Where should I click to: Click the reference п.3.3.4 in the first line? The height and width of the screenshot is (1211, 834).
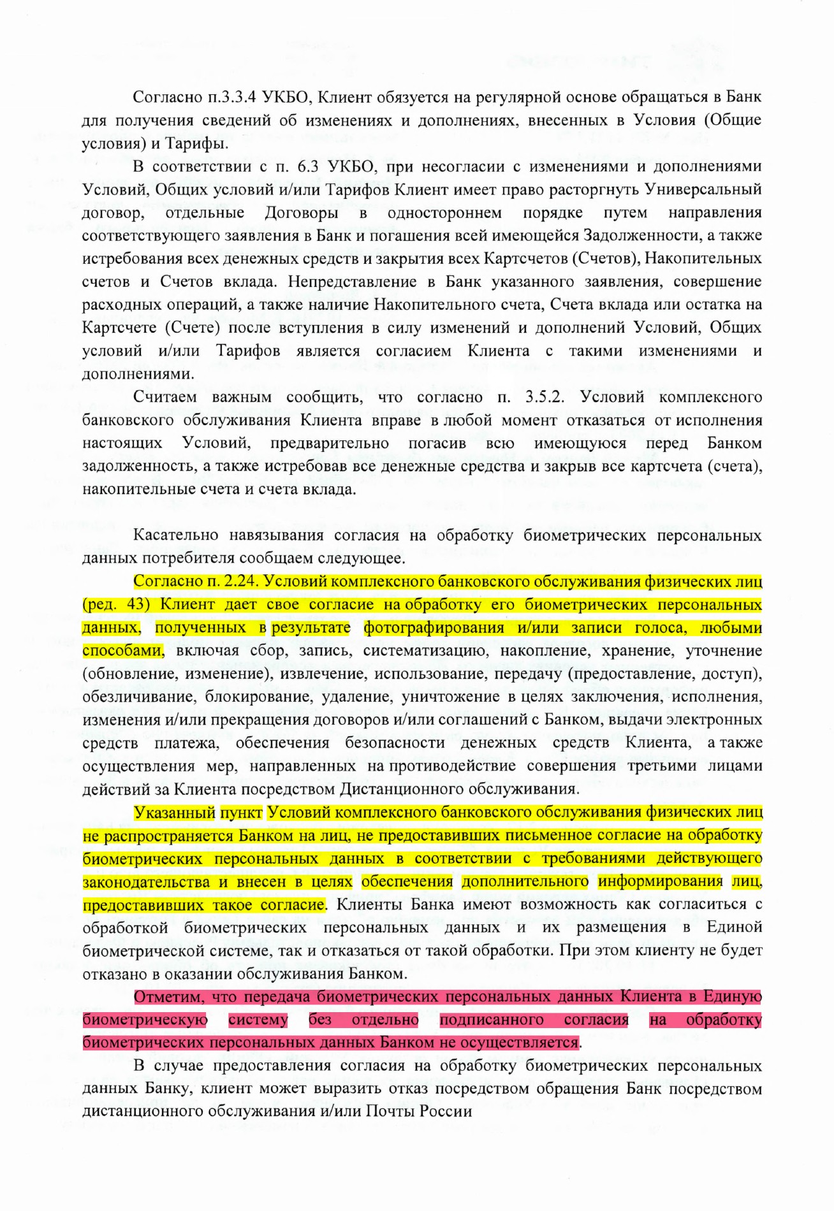[x=232, y=97]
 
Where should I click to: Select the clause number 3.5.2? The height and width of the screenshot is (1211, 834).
[x=545, y=397]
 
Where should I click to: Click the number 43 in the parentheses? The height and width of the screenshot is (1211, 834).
[x=137, y=604]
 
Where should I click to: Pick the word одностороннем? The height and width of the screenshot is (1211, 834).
[x=444, y=212]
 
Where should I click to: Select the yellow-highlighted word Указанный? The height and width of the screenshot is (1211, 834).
[x=174, y=813]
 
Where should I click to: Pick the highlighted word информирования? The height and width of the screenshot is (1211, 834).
[x=660, y=881]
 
